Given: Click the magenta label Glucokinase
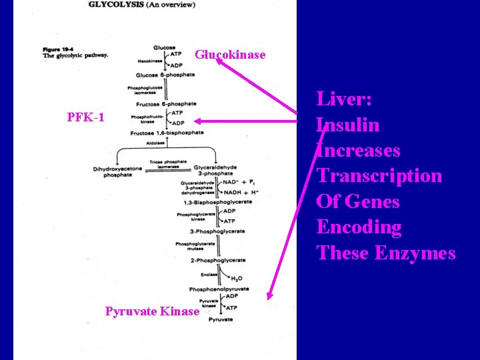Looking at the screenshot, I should (x=230, y=55).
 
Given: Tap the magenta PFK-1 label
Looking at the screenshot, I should (x=86, y=118).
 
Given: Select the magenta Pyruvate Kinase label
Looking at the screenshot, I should (x=152, y=311).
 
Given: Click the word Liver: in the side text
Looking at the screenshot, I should (x=344, y=100).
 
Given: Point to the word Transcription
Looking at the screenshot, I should (x=379, y=176).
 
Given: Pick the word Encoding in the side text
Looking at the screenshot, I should (x=359, y=227).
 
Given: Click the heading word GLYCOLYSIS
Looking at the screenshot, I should (x=115, y=5).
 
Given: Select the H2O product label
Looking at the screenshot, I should (x=237, y=279).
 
